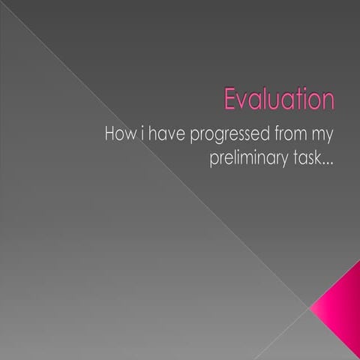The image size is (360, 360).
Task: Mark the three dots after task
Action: [328, 164]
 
